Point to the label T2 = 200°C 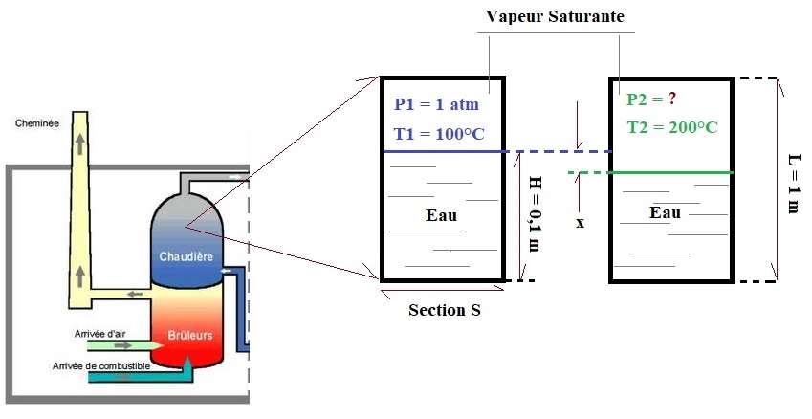point(672,127)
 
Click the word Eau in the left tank point(441,215)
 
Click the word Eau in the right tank point(665,212)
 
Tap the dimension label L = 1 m point(792,180)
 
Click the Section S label point(444,310)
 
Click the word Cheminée point(35,122)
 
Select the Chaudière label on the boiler point(186,257)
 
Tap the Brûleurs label point(190,336)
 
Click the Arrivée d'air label point(99,334)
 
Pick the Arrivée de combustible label point(118,366)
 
